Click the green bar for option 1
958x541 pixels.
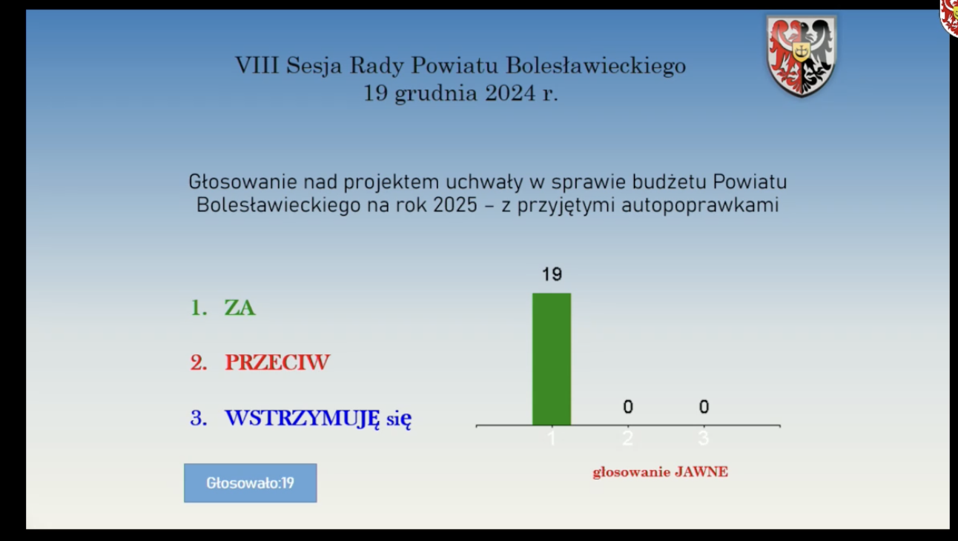coord(551,359)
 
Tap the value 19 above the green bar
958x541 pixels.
coord(552,274)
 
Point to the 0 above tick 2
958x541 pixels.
coord(628,407)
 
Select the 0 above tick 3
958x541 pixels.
coord(704,407)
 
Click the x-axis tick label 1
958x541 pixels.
coord(552,439)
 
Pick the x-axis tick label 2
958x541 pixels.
coord(628,439)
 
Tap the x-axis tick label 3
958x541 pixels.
coord(704,439)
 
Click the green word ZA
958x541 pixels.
coord(240,308)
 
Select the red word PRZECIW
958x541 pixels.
coord(277,362)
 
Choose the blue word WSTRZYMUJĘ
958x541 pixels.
coord(303,418)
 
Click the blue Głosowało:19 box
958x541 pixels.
coord(251,483)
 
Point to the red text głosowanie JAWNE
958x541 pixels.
coord(661,472)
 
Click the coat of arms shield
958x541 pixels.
coord(801,56)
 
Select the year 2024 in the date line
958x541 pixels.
coord(510,93)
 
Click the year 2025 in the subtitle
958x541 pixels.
coord(455,205)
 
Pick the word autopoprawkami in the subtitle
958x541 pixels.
coord(700,205)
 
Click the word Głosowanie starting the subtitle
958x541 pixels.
coord(242,182)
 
